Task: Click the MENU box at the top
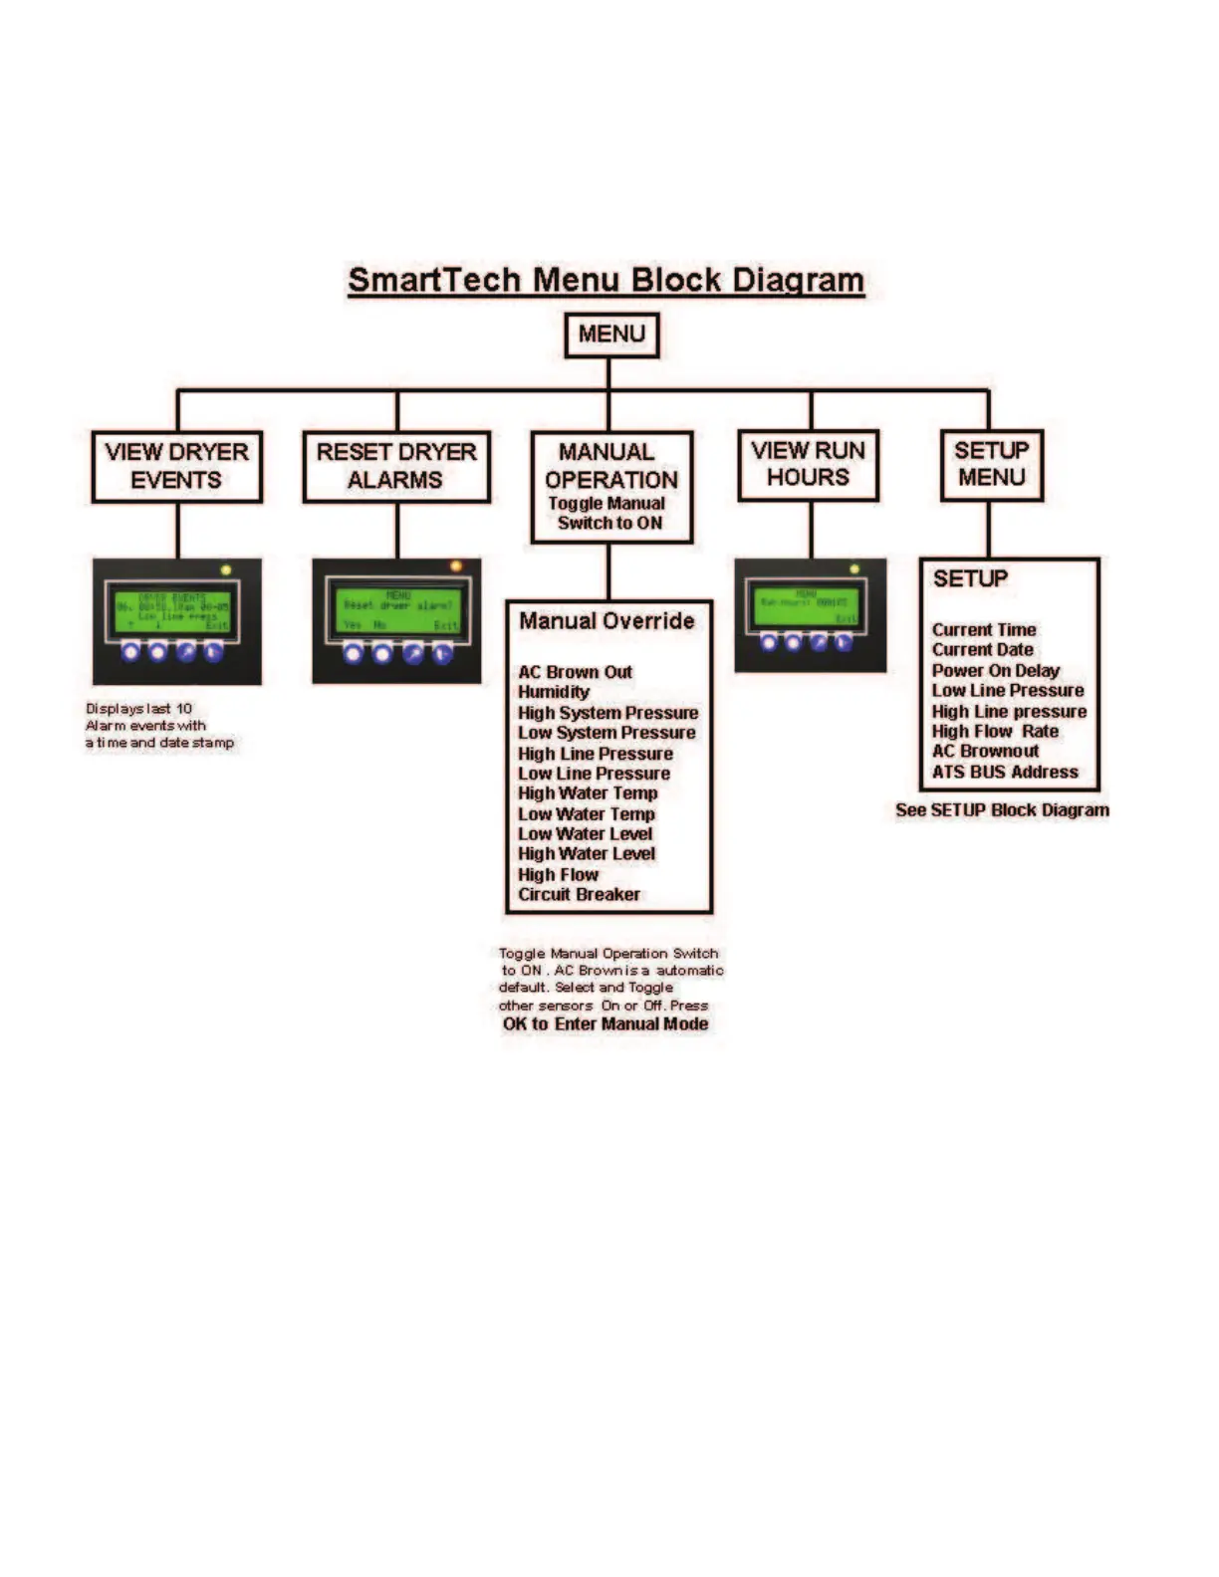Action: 611,335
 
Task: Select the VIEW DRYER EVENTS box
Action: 177,466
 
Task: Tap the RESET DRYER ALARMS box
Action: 396,466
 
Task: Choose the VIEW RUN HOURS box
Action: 808,464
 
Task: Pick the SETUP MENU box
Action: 991,464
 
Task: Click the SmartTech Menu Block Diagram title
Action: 606,280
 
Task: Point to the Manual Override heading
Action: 607,621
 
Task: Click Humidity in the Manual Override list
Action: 554,692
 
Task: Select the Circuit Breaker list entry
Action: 579,894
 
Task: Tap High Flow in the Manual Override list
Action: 558,874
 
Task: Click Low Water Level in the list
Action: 585,833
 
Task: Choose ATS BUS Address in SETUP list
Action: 1005,772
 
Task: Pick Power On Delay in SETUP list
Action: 995,670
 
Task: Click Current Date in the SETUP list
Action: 982,649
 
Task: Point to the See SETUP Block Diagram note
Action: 1002,810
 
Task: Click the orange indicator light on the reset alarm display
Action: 456,566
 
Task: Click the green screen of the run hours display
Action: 805,604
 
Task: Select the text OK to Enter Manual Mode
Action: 606,1023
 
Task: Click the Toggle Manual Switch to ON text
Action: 608,514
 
